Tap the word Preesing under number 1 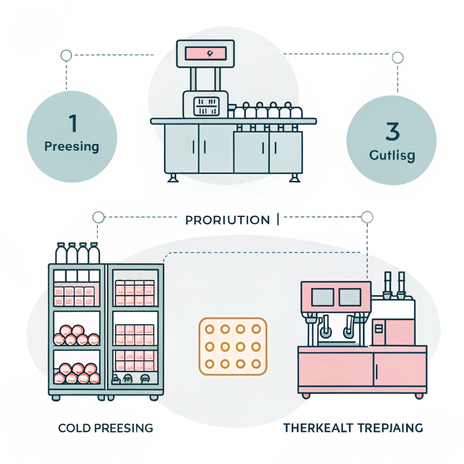(72, 147)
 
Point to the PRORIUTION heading (227, 220)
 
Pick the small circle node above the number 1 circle (66, 56)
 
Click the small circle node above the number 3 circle (397, 58)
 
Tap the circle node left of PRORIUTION (98, 217)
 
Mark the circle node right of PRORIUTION (367, 217)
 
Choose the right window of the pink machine (350, 297)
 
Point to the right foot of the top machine (294, 178)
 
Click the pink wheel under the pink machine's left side (306, 396)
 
